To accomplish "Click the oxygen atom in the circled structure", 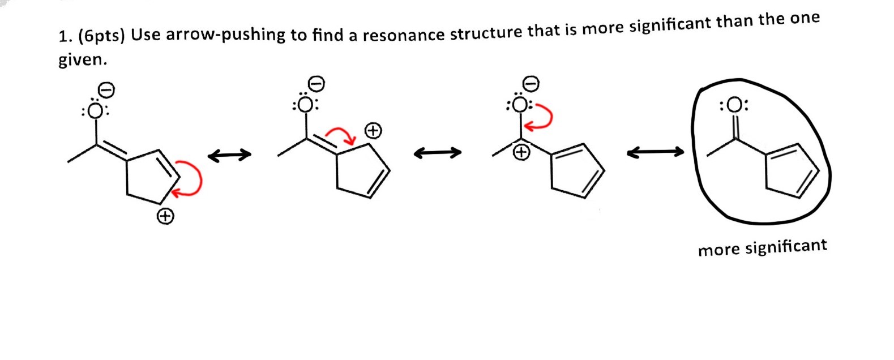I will pyautogui.click(x=734, y=106).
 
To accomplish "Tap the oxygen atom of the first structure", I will pyautogui.click(x=96, y=111).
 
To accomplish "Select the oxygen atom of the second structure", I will pyautogui.click(x=306, y=105).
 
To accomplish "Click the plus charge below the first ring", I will pyautogui.click(x=165, y=216).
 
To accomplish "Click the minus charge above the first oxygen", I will pyautogui.click(x=106, y=89).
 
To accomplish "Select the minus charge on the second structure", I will pyautogui.click(x=317, y=84).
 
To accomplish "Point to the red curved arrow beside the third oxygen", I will pyautogui.click(x=544, y=117).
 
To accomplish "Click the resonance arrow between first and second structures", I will pyautogui.click(x=229, y=155).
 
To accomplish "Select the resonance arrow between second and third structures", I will pyautogui.click(x=437, y=152).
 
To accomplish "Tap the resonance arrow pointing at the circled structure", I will pyautogui.click(x=655, y=152).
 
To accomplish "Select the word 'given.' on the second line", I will pyautogui.click(x=83, y=60).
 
